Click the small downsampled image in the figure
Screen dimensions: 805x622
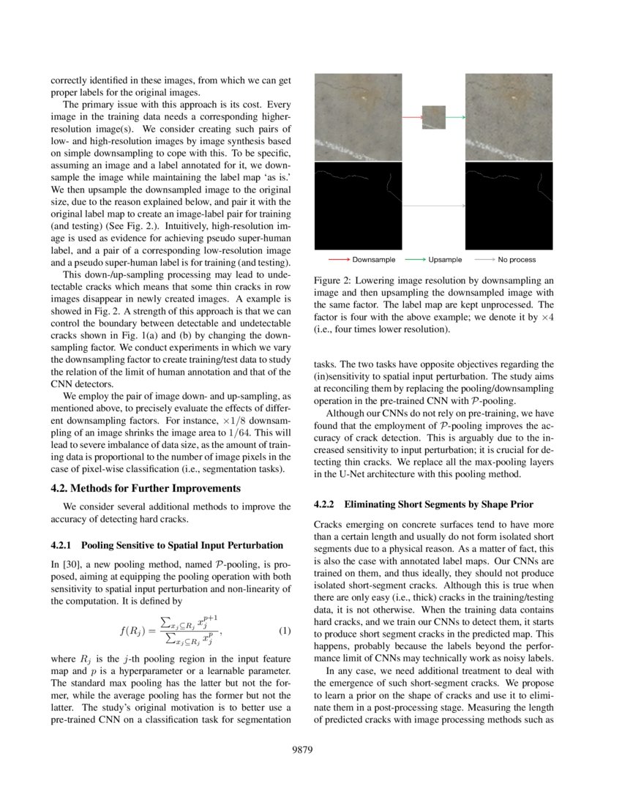pyautogui.click(x=433, y=117)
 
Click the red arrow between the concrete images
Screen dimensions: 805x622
pyautogui.click(x=412, y=117)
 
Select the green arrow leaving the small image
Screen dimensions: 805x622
pyautogui.click(x=455, y=117)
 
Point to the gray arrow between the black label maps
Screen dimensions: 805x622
pyautogui.click(x=433, y=206)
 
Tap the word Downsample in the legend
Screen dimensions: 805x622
pyautogui.click(x=373, y=260)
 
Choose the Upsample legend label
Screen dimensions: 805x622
pyautogui.click(x=445, y=260)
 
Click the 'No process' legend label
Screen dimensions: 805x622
pyautogui.click(x=517, y=260)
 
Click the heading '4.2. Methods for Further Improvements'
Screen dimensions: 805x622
pyautogui.click(x=146, y=488)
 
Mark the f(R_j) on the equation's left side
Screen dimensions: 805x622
pyautogui.click(x=134, y=631)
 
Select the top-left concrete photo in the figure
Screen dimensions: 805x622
pyautogui.click(x=358, y=117)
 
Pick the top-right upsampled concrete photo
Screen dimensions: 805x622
pyautogui.click(x=509, y=117)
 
